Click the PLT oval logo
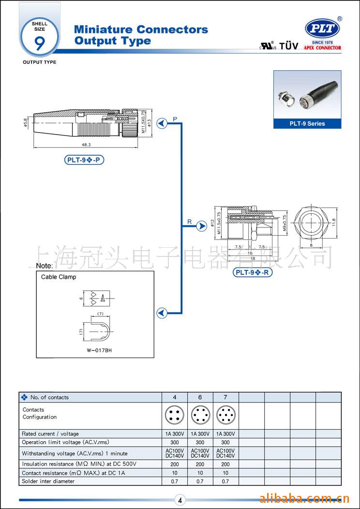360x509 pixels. (x=322, y=29)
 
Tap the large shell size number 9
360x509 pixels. (x=39, y=42)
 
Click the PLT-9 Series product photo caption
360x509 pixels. (x=307, y=123)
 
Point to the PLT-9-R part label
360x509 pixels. (x=253, y=272)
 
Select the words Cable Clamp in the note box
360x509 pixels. (x=59, y=277)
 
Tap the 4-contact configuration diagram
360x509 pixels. (x=175, y=416)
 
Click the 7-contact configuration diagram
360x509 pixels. (x=225, y=416)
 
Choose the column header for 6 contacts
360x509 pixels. (x=200, y=397)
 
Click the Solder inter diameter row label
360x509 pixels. (x=48, y=481)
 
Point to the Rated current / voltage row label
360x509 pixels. (x=50, y=434)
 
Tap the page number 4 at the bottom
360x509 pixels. (x=180, y=501)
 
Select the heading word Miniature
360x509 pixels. (x=104, y=30)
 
